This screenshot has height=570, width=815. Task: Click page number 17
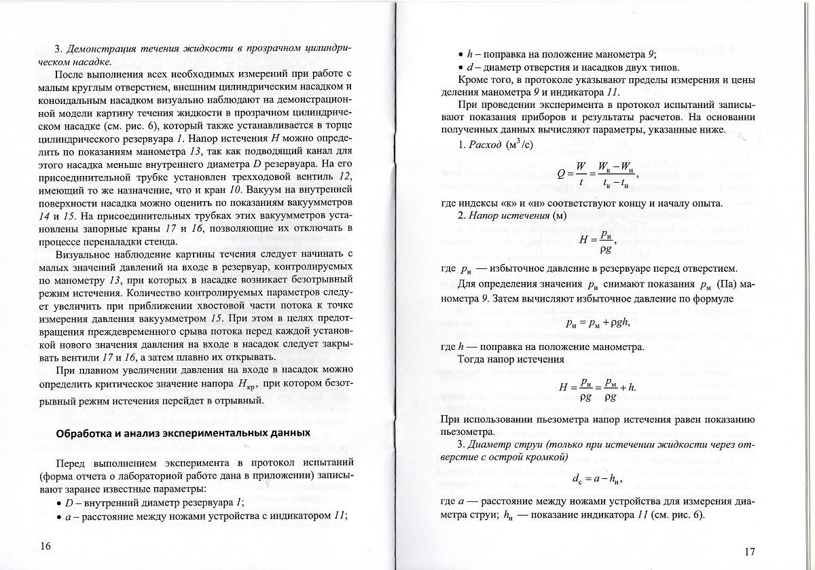tap(749, 550)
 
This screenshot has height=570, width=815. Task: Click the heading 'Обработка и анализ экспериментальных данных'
tap(183, 433)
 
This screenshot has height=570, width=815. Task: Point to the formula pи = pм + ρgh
tap(598, 323)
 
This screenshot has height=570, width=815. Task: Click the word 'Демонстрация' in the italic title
tap(99, 50)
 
